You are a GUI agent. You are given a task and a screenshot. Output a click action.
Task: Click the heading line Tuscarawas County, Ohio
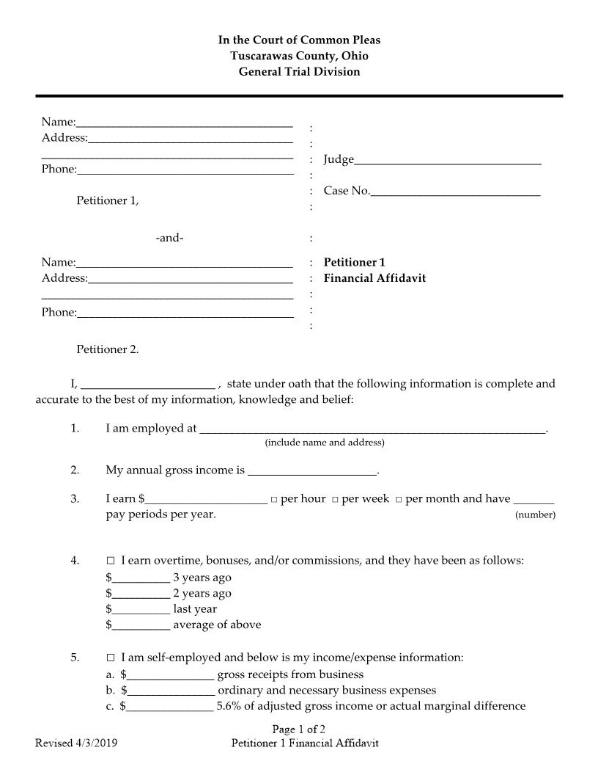coord(299,56)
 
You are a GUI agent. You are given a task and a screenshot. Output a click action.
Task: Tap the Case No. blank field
coord(455,192)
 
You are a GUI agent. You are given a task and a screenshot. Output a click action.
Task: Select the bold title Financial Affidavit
coord(374,278)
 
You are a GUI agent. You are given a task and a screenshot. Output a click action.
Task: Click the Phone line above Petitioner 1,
coord(185,171)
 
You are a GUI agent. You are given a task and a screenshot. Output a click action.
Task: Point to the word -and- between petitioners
coord(169,238)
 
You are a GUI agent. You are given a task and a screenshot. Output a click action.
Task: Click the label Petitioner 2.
coord(108,349)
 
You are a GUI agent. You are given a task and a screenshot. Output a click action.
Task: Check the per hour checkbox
coord(273,500)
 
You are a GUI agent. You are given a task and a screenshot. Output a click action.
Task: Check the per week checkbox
coord(334,500)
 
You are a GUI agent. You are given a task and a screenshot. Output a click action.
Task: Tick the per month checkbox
coord(399,500)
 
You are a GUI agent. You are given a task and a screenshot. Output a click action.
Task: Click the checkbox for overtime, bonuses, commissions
coord(111,561)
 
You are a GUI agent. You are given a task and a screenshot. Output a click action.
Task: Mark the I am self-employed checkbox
coord(111,658)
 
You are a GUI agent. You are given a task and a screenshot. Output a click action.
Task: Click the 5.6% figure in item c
coord(231,706)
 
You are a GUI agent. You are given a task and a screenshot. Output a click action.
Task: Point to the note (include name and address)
coord(324,443)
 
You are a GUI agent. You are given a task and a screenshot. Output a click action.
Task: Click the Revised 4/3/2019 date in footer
coord(76,743)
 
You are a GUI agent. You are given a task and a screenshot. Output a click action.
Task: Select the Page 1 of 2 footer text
coord(298,729)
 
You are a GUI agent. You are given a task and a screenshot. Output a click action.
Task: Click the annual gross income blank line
coord(311,472)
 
